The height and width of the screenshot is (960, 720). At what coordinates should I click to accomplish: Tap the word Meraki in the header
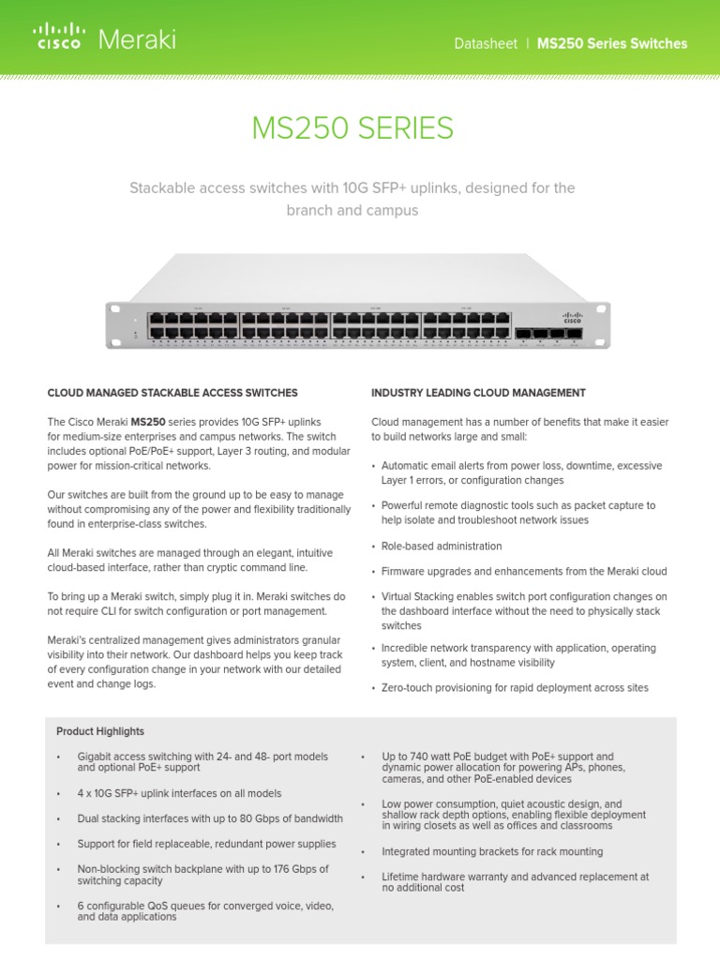click(137, 39)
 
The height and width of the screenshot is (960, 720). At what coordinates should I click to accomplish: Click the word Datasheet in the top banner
click(485, 44)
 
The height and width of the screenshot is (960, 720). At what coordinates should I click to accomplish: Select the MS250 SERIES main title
click(352, 128)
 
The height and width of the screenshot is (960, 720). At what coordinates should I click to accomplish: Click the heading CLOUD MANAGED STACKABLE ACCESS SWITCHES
click(172, 393)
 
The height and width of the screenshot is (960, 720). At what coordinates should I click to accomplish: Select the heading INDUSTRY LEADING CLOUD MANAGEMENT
click(478, 393)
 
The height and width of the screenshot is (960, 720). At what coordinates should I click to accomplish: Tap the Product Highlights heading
click(100, 731)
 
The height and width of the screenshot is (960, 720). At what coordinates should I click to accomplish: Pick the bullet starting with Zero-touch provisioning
click(515, 687)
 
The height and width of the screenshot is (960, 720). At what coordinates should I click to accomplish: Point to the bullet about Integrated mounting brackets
click(492, 851)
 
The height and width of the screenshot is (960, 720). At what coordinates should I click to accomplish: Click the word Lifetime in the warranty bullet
click(402, 877)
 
